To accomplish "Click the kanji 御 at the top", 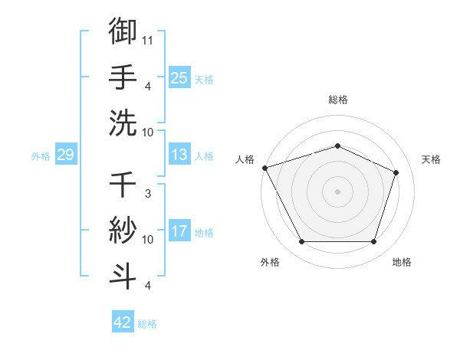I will click(123, 31).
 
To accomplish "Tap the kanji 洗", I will click(123, 122).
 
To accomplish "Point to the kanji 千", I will click(123, 184).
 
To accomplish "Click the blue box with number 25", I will click(179, 77).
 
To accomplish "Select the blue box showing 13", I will click(179, 155).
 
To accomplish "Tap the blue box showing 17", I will click(179, 231).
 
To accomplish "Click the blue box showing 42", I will click(122, 322).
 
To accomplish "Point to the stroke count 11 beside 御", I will click(148, 39).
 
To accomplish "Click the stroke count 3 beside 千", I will click(148, 195).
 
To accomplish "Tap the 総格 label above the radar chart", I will click(338, 100).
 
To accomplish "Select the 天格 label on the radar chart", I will click(431, 159).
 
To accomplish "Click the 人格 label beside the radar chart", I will click(245, 159).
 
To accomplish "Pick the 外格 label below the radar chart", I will click(270, 262).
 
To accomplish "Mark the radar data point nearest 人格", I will click(264, 168).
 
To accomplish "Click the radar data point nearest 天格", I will click(396, 172).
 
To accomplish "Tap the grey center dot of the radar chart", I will click(337, 191).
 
